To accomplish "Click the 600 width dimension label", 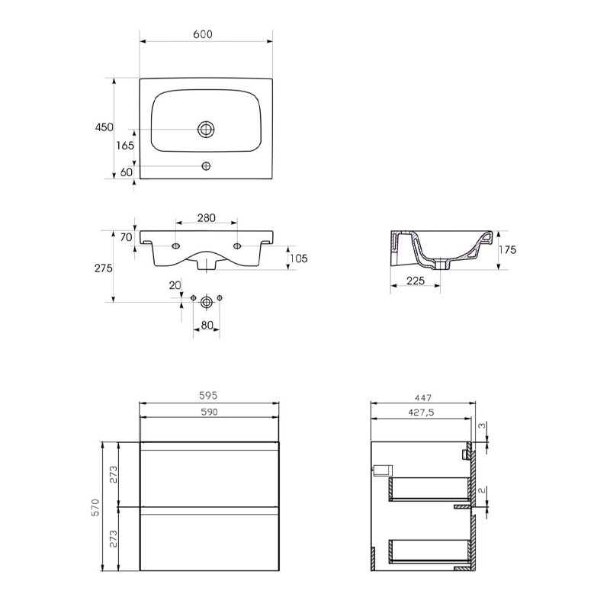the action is [x=203, y=34].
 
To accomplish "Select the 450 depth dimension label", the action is [x=104, y=127].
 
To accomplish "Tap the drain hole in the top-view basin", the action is [x=206, y=129].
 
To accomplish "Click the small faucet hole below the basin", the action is [x=206, y=166].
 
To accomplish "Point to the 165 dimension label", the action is [x=125, y=146].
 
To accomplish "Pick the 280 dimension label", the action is [x=206, y=218].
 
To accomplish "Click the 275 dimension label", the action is [x=104, y=268].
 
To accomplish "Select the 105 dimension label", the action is [x=298, y=258].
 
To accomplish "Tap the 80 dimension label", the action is [x=207, y=325].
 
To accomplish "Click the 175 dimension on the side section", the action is [x=507, y=250].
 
